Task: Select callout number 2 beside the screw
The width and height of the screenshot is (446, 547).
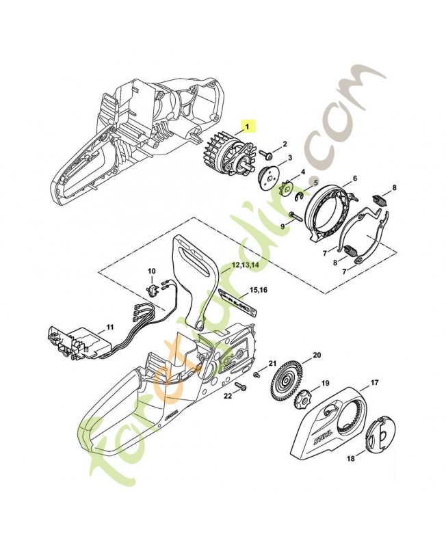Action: (285, 144)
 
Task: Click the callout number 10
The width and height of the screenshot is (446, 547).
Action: (152, 271)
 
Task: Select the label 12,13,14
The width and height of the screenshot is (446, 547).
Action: (245, 263)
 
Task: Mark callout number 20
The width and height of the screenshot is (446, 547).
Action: (316, 355)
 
